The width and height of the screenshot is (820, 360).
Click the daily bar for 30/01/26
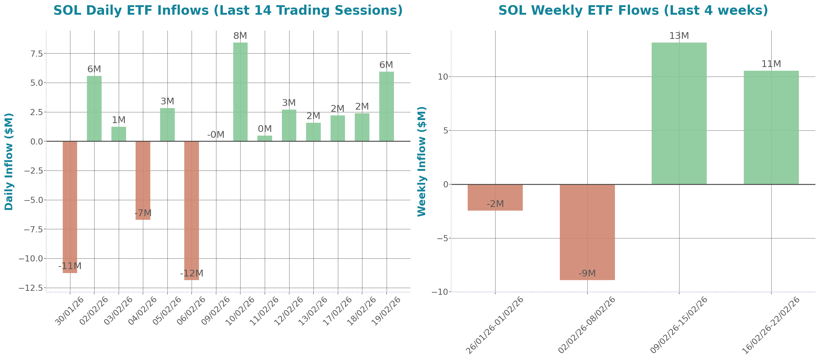70,207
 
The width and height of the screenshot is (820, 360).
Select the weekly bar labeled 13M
679,113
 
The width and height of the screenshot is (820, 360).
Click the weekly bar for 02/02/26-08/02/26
587,232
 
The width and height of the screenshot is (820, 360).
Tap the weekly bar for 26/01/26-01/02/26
495,197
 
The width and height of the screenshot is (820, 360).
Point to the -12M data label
191,273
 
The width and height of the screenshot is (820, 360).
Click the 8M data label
240,36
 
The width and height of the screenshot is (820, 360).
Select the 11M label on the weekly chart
771,64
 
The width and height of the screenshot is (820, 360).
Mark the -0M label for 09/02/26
216,135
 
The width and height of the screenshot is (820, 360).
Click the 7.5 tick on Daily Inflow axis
37,54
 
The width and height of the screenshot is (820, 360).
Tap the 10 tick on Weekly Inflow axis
443,77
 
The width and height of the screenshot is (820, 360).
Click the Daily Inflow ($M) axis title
9,161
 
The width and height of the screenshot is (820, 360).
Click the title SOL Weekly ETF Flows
633,10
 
